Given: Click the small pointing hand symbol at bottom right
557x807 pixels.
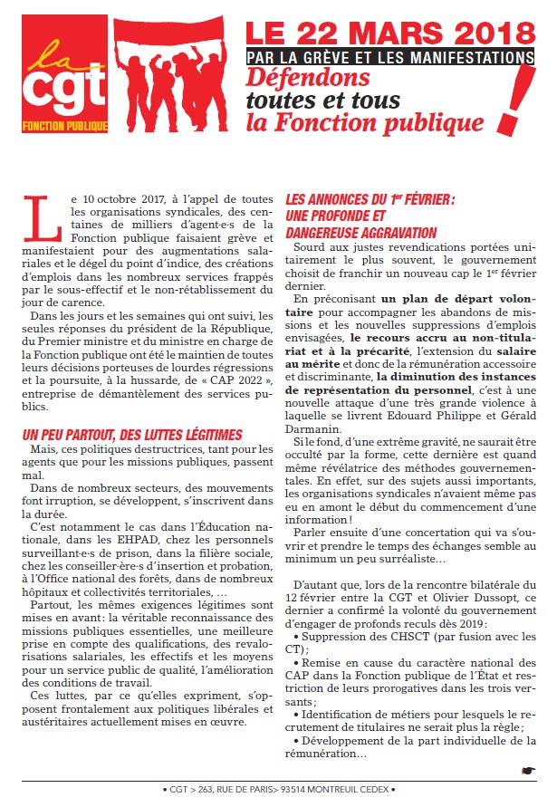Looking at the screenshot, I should (x=529, y=770).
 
